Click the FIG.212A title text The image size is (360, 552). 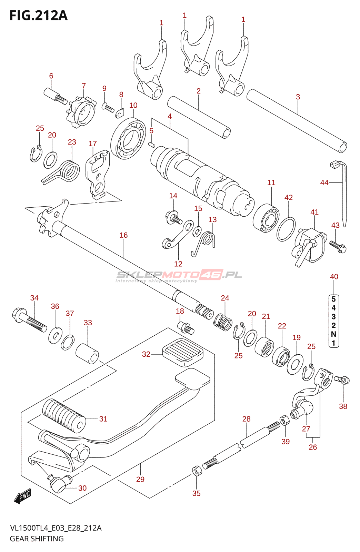[x=38, y=16]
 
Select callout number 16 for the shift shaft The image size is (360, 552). [x=123, y=235]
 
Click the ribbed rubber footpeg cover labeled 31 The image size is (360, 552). [x=64, y=415]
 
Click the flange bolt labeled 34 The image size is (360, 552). [x=30, y=319]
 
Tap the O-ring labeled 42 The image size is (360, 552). [x=286, y=229]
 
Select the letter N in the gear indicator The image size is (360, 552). [x=333, y=334]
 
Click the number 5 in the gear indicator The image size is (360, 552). [x=333, y=299]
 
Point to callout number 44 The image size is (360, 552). [x=324, y=183]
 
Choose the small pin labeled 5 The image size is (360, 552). [x=151, y=144]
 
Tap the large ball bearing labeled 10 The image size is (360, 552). [x=128, y=138]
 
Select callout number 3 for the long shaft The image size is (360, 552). [x=298, y=97]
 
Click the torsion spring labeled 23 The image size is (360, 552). [x=69, y=171]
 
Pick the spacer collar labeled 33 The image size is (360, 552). [x=87, y=354]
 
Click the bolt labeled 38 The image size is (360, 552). [x=342, y=380]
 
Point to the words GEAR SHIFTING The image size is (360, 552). [x=37, y=539]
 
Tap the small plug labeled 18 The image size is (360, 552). [x=186, y=327]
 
